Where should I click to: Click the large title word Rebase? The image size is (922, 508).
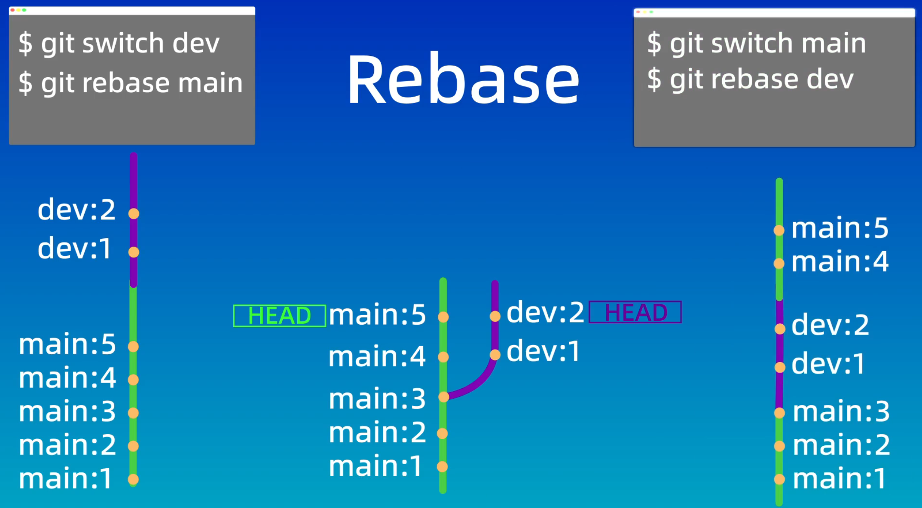coord(463,79)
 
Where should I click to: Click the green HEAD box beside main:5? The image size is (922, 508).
coord(279,316)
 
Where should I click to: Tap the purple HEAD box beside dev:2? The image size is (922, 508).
coord(635,312)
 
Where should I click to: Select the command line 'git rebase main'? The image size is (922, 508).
coord(131,82)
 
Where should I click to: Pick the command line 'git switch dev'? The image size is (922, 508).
coord(119,43)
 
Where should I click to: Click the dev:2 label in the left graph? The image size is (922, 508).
coord(76,210)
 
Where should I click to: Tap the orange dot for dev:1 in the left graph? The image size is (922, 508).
coord(134,252)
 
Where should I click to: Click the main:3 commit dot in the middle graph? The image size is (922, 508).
coord(443,397)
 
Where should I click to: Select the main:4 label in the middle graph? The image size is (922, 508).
coord(377,356)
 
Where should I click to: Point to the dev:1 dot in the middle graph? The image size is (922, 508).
coord(495,355)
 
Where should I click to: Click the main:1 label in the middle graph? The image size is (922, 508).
coord(376,466)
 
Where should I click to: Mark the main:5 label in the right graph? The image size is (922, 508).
coord(840,228)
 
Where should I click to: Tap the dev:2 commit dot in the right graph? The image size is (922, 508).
coord(780,329)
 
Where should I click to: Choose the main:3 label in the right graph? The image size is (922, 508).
coord(841,411)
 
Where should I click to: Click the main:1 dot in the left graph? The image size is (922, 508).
coord(133,479)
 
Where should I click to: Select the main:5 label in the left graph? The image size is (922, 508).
coord(67,344)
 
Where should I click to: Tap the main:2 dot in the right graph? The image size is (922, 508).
coord(779,446)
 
